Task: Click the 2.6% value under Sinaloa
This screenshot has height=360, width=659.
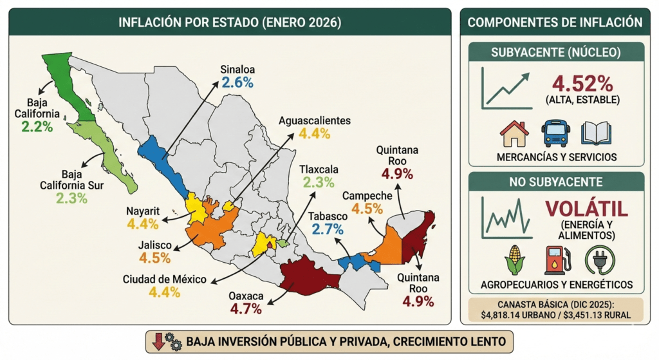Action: (237, 82)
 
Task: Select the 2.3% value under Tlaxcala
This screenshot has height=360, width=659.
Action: (319, 182)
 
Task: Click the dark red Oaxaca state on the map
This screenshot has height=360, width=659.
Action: (308, 275)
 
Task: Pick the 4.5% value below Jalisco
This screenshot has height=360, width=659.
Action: (154, 258)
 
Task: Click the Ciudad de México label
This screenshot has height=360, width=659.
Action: (165, 279)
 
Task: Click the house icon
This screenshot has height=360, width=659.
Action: (514, 133)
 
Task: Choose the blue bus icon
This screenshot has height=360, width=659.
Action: (555, 133)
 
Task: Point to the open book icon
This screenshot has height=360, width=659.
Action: (596, 133)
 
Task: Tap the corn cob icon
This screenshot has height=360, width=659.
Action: (515, 260)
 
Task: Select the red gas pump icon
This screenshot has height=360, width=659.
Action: (556, 260)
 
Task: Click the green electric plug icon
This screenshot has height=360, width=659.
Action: (599, 260)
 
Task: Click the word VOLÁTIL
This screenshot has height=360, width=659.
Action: (585, 210)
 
